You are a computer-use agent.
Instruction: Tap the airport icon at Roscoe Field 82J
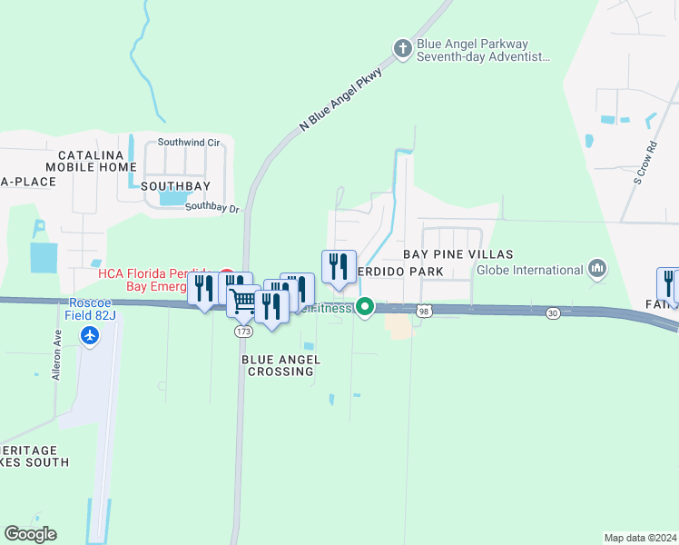[x=90, y=335]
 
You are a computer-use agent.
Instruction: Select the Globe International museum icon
[x=597, y=269]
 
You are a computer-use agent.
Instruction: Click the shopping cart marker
[x=243, y=301]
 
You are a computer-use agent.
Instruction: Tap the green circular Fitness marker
[x=365, y=307]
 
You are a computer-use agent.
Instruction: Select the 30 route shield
[x=553, y=313]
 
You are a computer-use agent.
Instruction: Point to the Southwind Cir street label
[x=189, y=143]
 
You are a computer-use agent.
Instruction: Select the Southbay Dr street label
[x=212, y=207]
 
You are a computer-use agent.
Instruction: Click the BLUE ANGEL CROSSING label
[x=280, y=365]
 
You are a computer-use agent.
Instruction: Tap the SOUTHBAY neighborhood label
[x=176, y=186]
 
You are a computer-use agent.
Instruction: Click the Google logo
[x=30, y=534]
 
